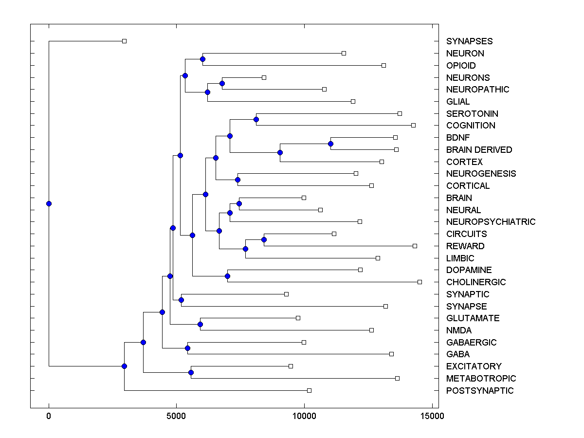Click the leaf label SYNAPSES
469,41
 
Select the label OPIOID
461,65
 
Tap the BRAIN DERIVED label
479,149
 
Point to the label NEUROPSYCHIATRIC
491,222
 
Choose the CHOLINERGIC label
476,282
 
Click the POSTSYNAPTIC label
479,391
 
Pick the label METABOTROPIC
481,379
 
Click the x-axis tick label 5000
176,416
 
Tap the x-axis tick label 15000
432,416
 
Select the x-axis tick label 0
49,416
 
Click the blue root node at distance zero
49,203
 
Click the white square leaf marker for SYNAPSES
124,41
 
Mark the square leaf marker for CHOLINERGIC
420,282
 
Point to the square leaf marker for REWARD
415,246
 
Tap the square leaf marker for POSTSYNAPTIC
309,390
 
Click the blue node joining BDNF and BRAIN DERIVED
330,144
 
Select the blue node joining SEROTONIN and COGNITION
256,119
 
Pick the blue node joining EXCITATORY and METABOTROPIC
191,372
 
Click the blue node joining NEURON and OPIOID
202,59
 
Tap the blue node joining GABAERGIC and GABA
187,348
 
